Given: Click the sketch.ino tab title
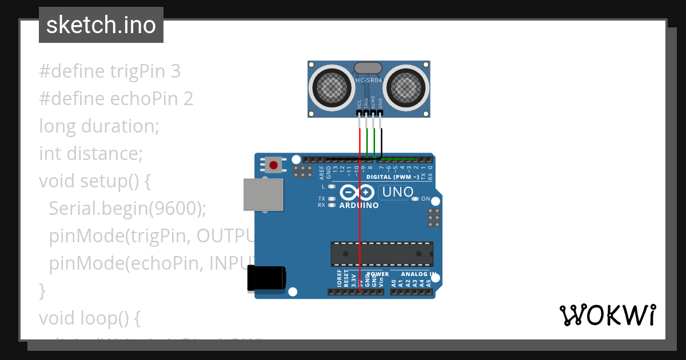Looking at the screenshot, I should click(101, 25).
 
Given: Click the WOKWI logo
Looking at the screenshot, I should click(607, 315).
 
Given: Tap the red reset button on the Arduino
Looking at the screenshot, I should click(274, 166).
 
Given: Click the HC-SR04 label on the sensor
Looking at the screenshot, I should click(369, 81).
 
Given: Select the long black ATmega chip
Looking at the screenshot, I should click(381, 254).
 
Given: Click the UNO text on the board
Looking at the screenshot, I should click(397, 193).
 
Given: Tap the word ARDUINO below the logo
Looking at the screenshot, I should click(358, 205).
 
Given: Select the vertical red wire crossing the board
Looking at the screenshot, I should click(360, 229).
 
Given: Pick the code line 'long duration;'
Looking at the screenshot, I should click(99, 126).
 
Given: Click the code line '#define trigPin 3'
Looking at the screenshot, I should click(110, 71).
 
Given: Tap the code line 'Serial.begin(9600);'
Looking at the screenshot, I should click(127, 209).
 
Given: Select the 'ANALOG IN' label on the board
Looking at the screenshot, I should click(419, 274).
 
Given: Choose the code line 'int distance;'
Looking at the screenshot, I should click(90, 153).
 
